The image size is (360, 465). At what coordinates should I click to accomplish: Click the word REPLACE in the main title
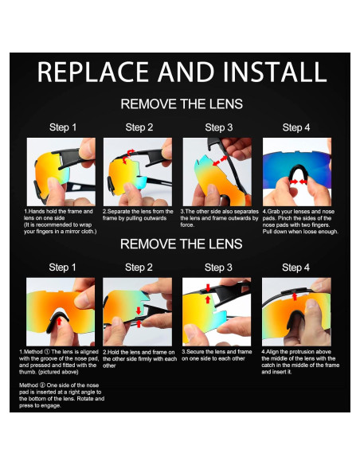92,72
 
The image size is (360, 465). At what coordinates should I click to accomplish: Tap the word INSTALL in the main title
274,72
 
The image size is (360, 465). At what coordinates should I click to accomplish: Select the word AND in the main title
186,72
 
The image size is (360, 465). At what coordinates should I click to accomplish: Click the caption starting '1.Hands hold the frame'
61,221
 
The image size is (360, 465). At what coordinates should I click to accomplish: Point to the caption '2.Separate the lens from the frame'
138,215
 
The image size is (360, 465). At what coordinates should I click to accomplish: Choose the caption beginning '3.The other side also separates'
220,218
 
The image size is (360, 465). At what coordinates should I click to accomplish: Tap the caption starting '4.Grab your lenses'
300,221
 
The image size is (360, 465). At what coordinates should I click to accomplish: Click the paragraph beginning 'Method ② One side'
61,395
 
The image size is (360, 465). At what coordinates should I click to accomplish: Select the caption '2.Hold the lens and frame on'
139,358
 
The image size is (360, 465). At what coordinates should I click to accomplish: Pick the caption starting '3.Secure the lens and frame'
217,355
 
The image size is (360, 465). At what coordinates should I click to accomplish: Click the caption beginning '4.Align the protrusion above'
300,361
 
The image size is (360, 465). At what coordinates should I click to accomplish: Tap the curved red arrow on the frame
128,157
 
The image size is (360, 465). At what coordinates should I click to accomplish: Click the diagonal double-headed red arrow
220,161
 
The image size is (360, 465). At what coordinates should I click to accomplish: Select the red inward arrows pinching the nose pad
298,182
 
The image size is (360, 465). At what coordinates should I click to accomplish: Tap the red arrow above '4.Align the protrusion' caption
295,296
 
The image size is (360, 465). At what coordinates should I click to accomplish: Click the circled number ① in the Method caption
47,352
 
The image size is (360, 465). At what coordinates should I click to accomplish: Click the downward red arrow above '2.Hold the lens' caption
139,311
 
